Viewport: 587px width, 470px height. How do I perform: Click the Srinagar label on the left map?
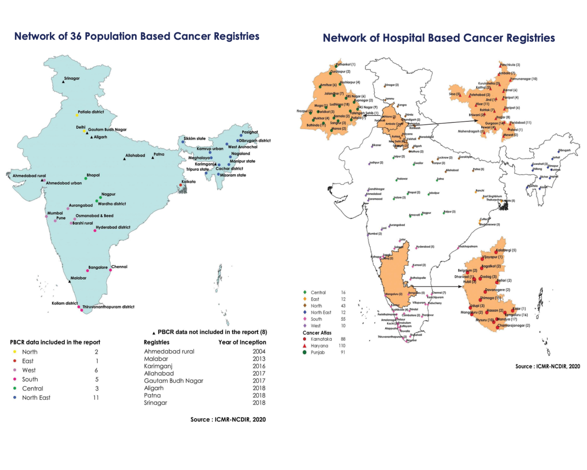[71, 78]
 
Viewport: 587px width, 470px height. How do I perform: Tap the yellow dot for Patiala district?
[77, 115]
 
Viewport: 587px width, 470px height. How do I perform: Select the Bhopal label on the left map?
[92, 174]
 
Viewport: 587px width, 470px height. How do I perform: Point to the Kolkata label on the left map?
[188, 182]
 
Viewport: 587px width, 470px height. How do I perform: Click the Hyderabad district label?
[113, 227]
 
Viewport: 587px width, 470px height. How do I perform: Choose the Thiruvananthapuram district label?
[108, 307]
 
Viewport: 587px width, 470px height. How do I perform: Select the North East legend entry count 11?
[95, 398]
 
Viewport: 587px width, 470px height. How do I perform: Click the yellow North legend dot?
[15, 352]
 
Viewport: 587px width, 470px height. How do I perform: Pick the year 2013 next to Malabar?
[259, 358]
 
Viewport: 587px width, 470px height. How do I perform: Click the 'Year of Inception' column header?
[242, 342]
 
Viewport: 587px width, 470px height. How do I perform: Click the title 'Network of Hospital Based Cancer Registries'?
[439, 38]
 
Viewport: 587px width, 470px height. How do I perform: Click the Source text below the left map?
[228, 420]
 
